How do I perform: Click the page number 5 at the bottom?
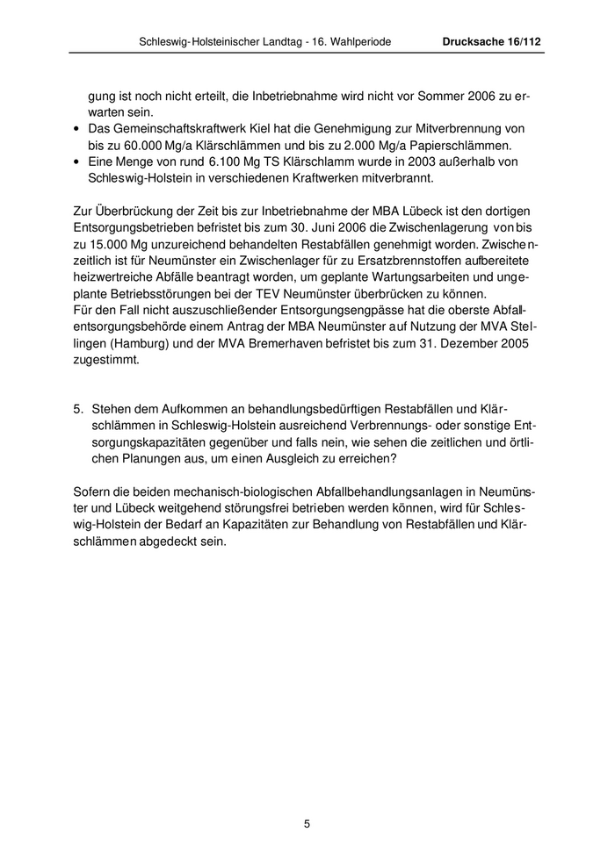tap(307, 823)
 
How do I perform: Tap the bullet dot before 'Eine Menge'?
tap(77, 162)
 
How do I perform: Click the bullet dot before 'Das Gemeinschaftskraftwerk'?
tap(77, 129)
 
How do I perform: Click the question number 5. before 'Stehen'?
tap(77, 408)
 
